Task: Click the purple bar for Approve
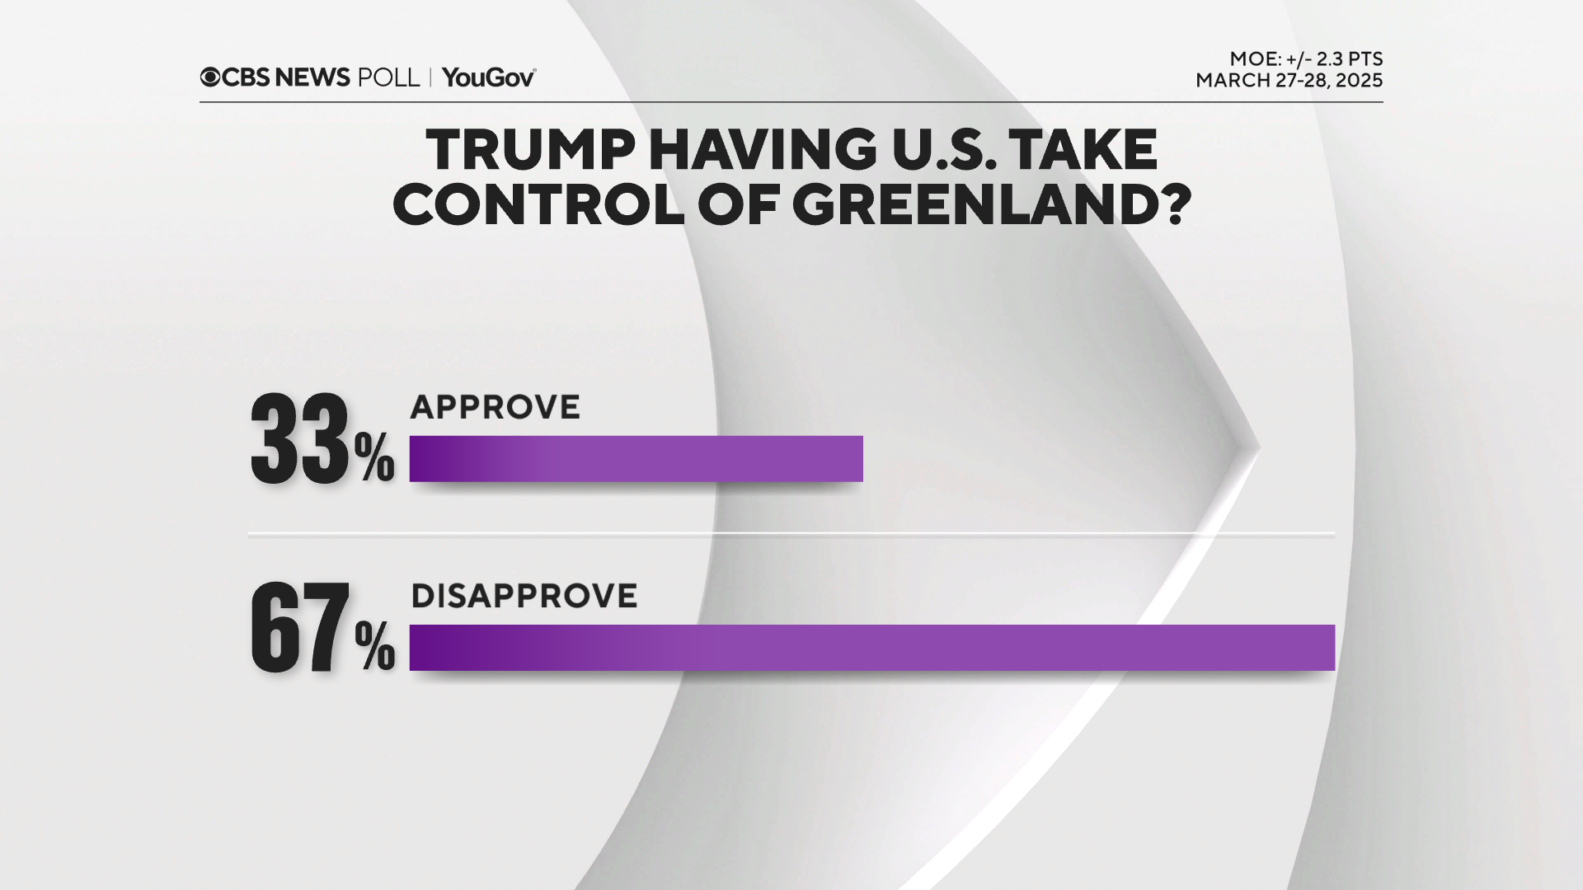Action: tap(636, 458)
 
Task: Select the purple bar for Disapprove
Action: tap(871, 647)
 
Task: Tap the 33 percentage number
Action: tap(300, 440)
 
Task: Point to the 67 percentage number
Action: tap(300, 629)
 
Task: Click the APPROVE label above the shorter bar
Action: tap(496, 407)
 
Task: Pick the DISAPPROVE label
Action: tap(524, 596)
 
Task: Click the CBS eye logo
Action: tap(210, 77)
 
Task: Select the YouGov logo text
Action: tap(489, 77)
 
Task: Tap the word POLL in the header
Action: tap(388, 77)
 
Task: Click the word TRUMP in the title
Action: tap(531, 150)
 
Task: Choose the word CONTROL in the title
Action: tap(538, 205)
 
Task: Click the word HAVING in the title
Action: tap(763, 150)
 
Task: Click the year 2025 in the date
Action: tap(1358, 81)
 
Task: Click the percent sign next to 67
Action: tap(375, 648)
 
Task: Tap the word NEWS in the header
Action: tap(312, 77)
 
